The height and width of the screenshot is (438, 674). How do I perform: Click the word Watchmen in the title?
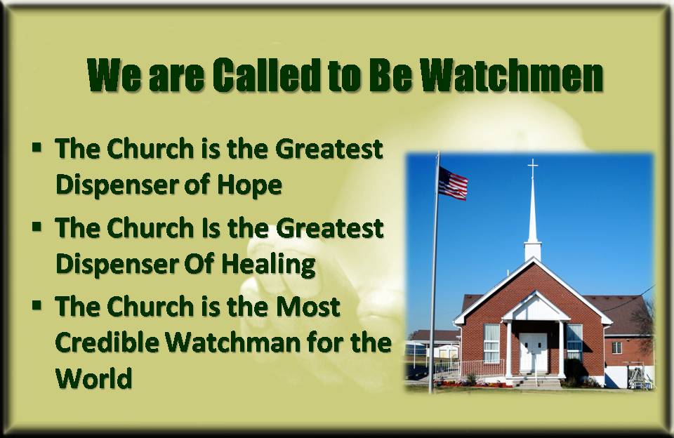[512, 75]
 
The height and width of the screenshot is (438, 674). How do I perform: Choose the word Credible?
[107, 343]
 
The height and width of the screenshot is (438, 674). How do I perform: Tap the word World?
[93, 378]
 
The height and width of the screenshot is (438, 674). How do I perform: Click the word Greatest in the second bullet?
[330, 228]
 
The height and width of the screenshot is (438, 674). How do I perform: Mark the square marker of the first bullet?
[37, 147]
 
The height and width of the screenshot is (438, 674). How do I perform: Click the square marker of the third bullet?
[37, 305]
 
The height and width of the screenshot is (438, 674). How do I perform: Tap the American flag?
[453, 183]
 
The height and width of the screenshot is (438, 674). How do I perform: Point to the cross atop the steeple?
[533, 168]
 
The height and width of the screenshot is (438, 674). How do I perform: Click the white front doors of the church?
[533, 352]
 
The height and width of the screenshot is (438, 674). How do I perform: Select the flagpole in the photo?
[435, 272]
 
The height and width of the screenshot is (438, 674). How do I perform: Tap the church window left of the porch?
[491, 343]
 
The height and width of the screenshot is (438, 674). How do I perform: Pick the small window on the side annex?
[616, 347]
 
